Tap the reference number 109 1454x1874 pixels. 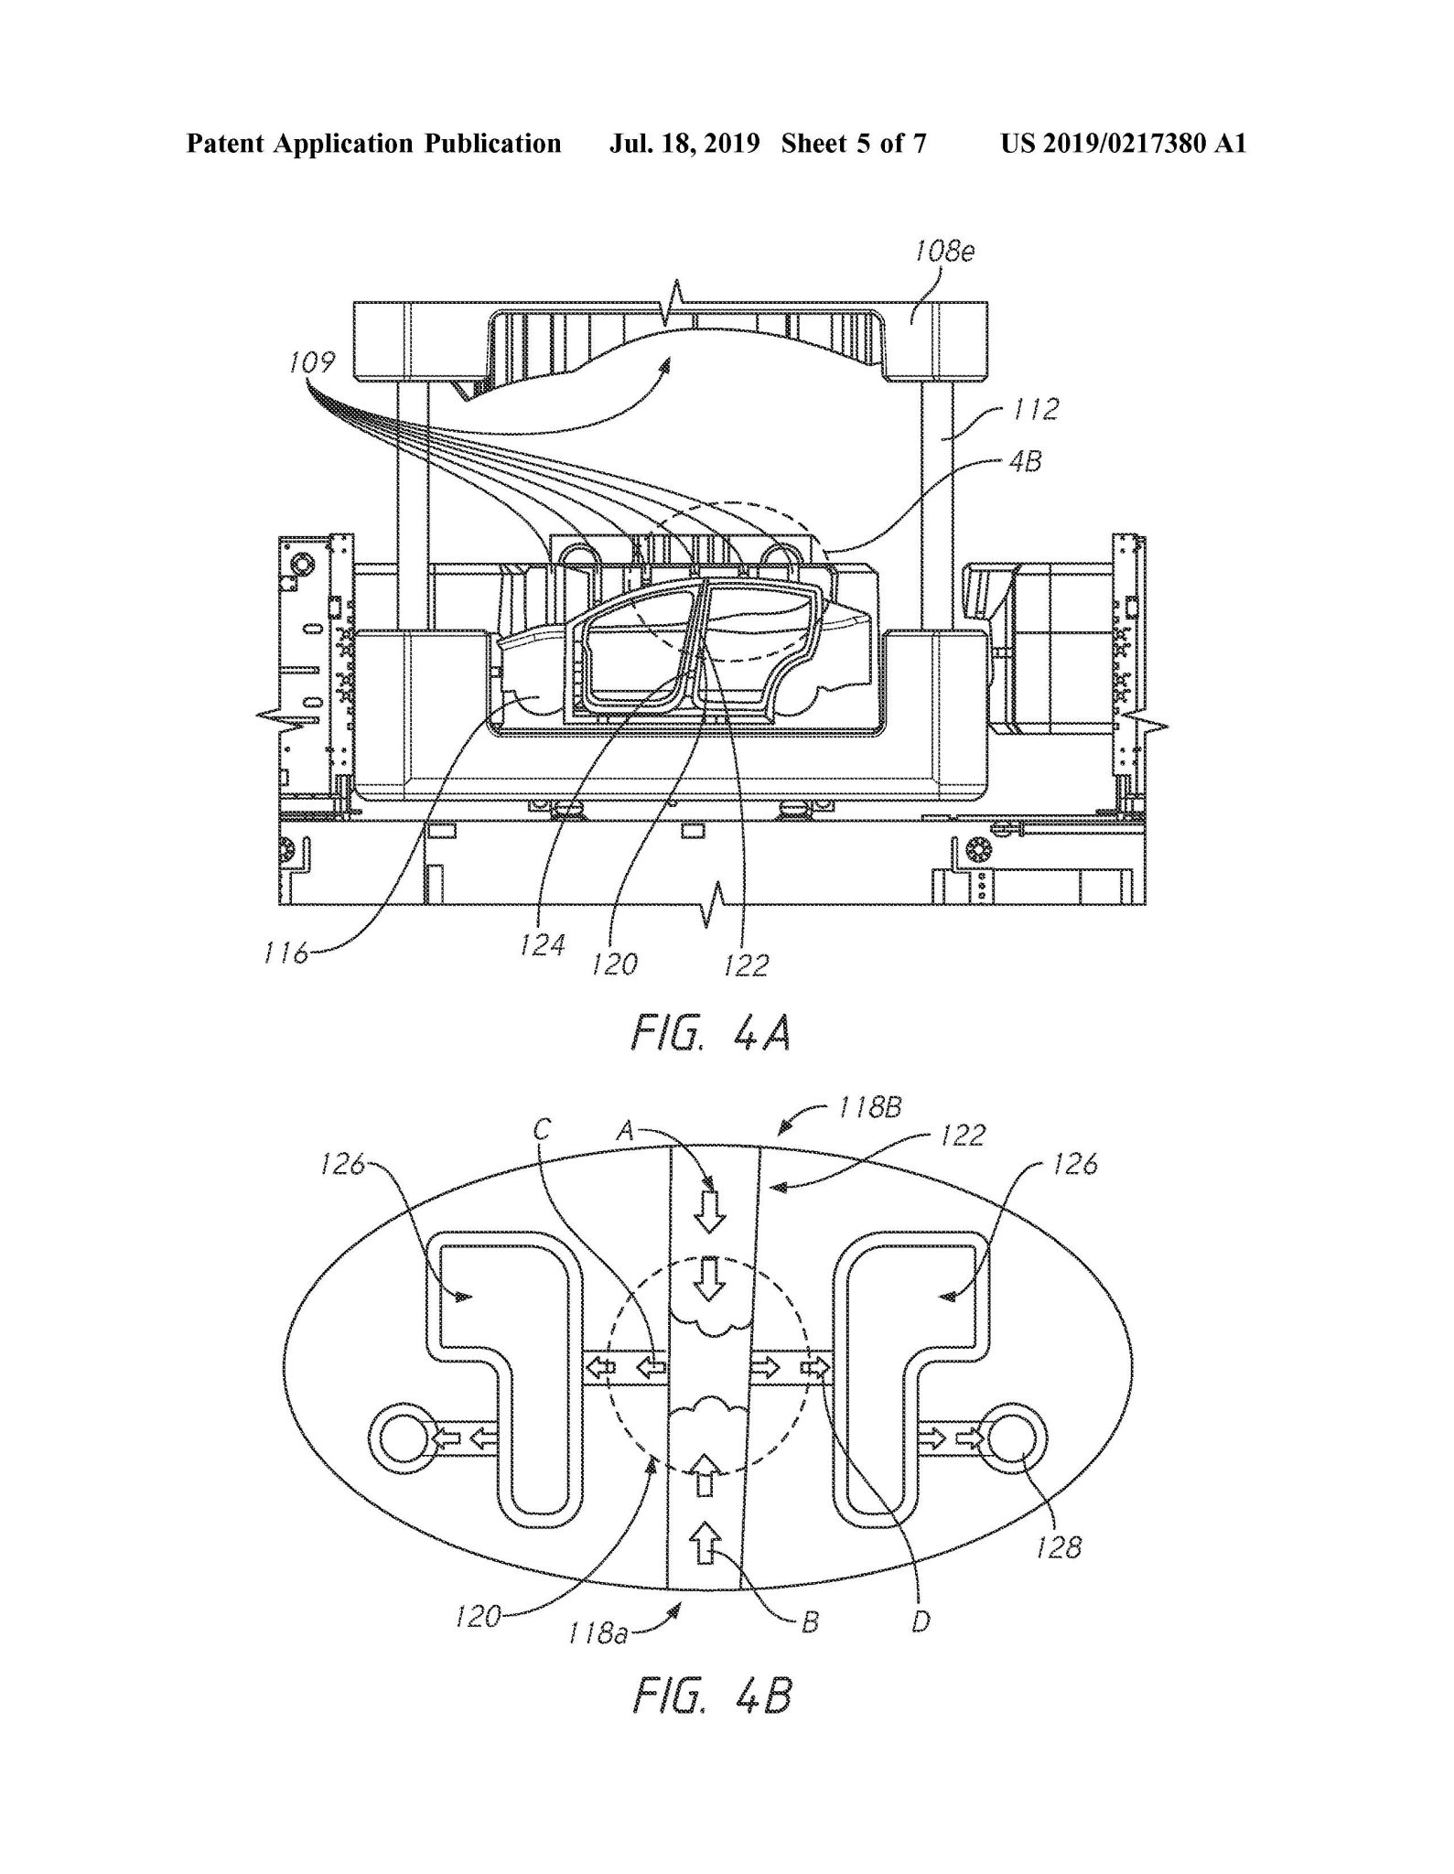click(x=311, y=363)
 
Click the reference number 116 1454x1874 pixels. click(x=286, y=955)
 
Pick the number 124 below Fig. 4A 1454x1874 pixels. click(x=544, y=944)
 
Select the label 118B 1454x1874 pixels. click(x=869, y=1108)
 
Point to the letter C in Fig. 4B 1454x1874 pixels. click(x=542, y=1130)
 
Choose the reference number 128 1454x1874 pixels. click(x=1060, y=1546)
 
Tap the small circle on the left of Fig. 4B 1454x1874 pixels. click(x=400, y=1439)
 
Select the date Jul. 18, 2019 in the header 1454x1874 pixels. click(x=684, y=144)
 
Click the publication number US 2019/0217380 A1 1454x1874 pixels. click(x=1123, y=144)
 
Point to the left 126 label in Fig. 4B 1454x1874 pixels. click(x=342, y=1164)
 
